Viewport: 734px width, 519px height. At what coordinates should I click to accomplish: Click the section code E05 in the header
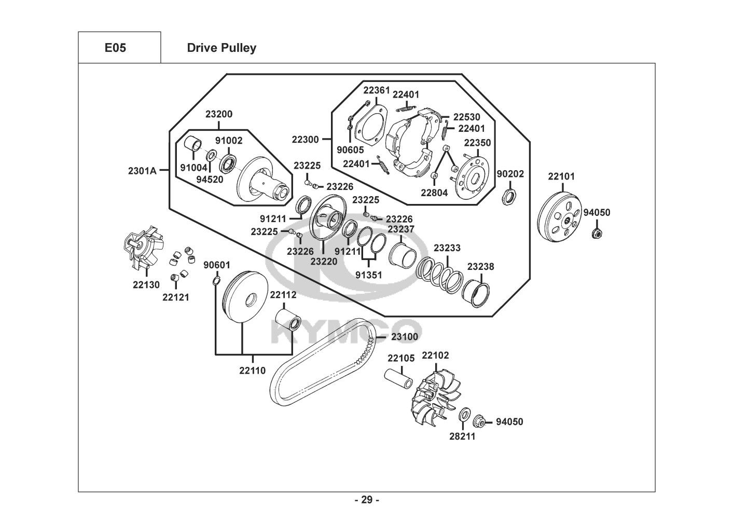(x=115, y=48)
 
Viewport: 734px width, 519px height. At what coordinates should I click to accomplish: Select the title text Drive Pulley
(x=221, y=48)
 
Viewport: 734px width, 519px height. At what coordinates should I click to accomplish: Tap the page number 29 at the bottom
(x=366, y=500)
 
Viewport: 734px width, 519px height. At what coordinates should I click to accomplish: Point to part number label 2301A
(x=142, y=170)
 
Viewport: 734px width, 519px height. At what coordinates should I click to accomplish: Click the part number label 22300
(x=305, y=139)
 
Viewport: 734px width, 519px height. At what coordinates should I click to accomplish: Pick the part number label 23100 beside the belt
(x=405, y=337)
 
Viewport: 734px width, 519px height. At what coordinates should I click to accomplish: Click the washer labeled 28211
(x=465, y=415)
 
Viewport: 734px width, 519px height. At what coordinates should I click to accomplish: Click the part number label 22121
(x=176, y=297)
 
